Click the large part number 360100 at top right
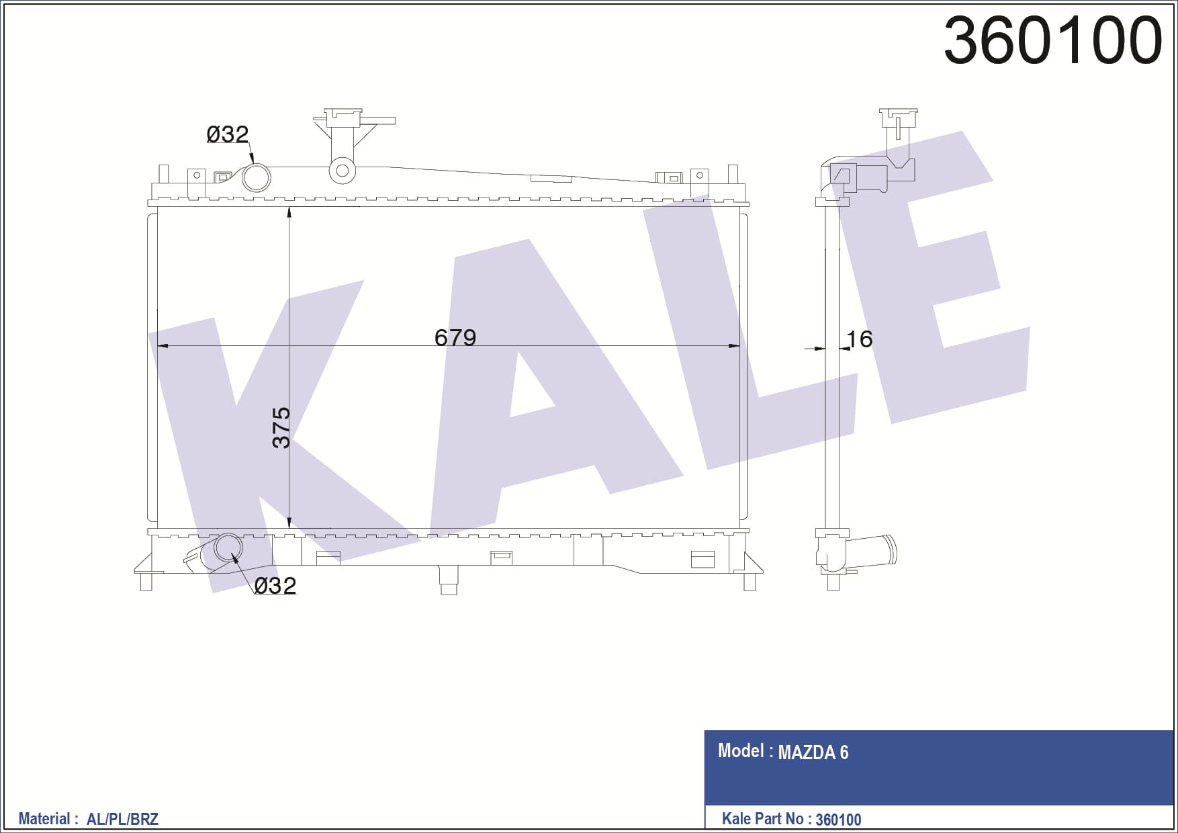(x=1052, y=40)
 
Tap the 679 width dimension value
(x=455, y=337)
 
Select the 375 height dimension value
(x=281, y=427)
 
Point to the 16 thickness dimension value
(x=859, y=339)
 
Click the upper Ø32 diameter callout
(x=228, y=134)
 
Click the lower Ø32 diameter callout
(x=275, y=586)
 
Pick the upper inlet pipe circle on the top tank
(x=256, y=178)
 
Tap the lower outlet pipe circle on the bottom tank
(x=228, y=548)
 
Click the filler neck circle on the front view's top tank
(x=342, y=171)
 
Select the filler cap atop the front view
(x=343, y=118)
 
